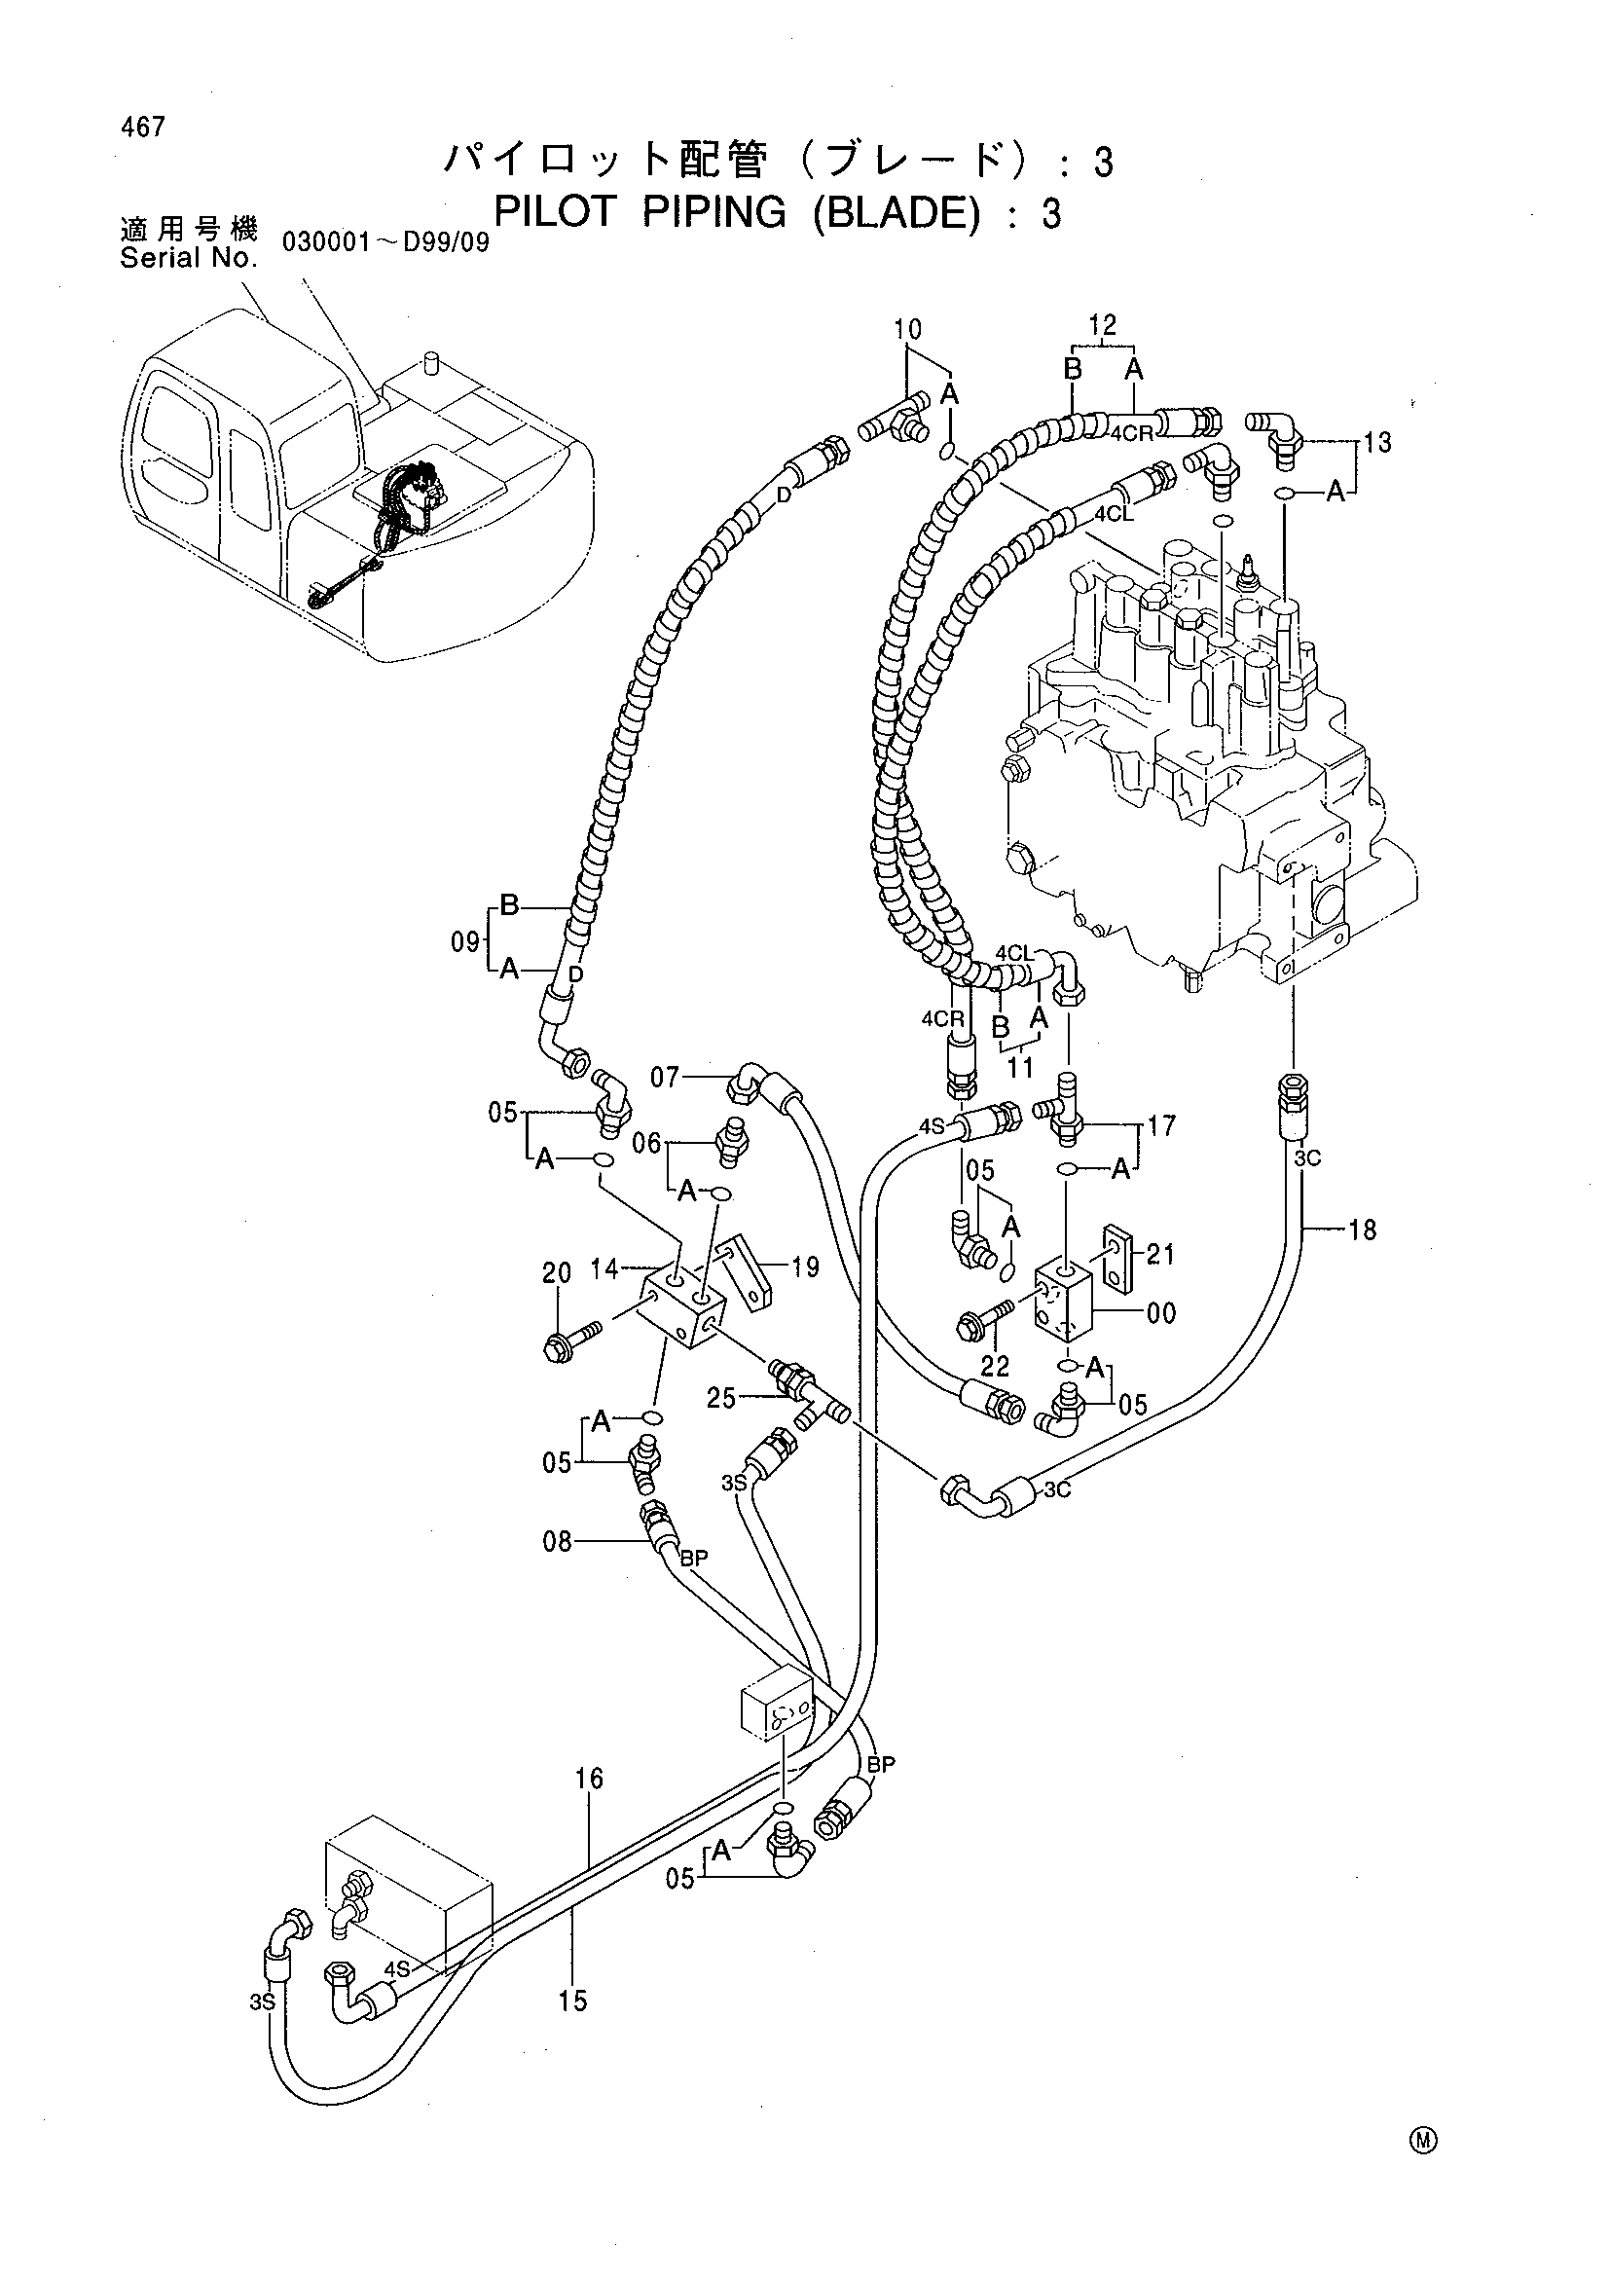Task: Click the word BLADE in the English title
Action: (x=891, y=212)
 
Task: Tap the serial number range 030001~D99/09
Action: (x=386, y=243)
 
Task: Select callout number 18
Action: (x=1363, y=1230)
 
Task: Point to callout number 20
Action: (x=557, y=1272)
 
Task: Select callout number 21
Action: (x=1160, y=1255)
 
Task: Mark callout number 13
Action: (x=1377, y=442)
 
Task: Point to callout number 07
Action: (x=665, y=1076)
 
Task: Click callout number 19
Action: (x=805, y=1267)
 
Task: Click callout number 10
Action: (x=907, y=329)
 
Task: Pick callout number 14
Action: (x=604, y=1267)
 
